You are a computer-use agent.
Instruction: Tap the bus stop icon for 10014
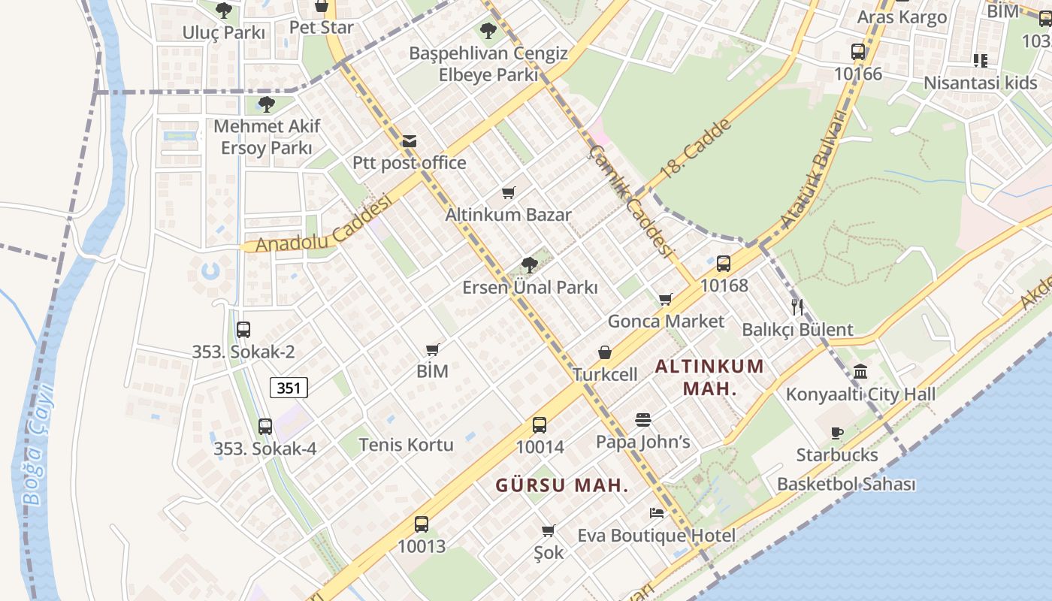coord(540,425)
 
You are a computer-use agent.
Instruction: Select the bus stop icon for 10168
coord(724,264)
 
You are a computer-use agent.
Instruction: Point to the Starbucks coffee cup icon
coord(837,433)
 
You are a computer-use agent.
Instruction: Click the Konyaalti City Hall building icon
coord(860,371)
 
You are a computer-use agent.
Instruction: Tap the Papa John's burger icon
coord(642,419)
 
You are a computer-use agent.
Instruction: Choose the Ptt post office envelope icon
coord(410,140)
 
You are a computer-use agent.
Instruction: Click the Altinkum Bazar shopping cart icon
coord(509,192)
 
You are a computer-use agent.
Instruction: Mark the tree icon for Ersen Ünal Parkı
coord(529,264)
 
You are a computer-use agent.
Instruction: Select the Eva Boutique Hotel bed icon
coord(657,513)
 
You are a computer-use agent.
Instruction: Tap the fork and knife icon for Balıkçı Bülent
coord(797,307)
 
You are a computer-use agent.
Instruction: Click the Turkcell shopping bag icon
coord(605,352)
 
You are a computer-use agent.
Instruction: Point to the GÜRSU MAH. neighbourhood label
coord(561,485)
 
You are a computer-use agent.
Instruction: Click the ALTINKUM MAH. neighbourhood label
coord(709,377)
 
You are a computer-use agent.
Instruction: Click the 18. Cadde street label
coord(696,153)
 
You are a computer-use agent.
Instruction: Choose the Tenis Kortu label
coord(407,444)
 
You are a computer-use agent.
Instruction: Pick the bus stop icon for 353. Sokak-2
coord(243,329)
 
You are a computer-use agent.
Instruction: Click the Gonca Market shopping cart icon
coord(665,300)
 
